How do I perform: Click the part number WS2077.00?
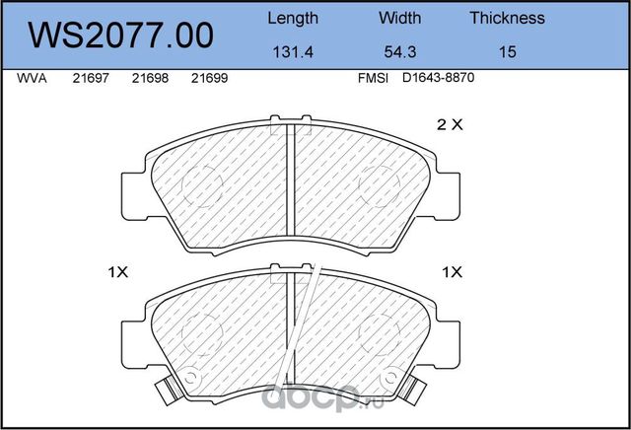coord(120,36)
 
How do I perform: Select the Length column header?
coord(293,19)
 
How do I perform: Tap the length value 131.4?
coord(293,52)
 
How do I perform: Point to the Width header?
coord(399,18)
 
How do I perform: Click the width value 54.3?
coord(400,52)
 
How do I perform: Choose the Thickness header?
coord(507,18)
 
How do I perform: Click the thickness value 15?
coord(508,52)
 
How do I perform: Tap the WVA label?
coord(32,78)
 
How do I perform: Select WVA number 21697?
coord(91,78)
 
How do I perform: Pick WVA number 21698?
coord(150,78)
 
